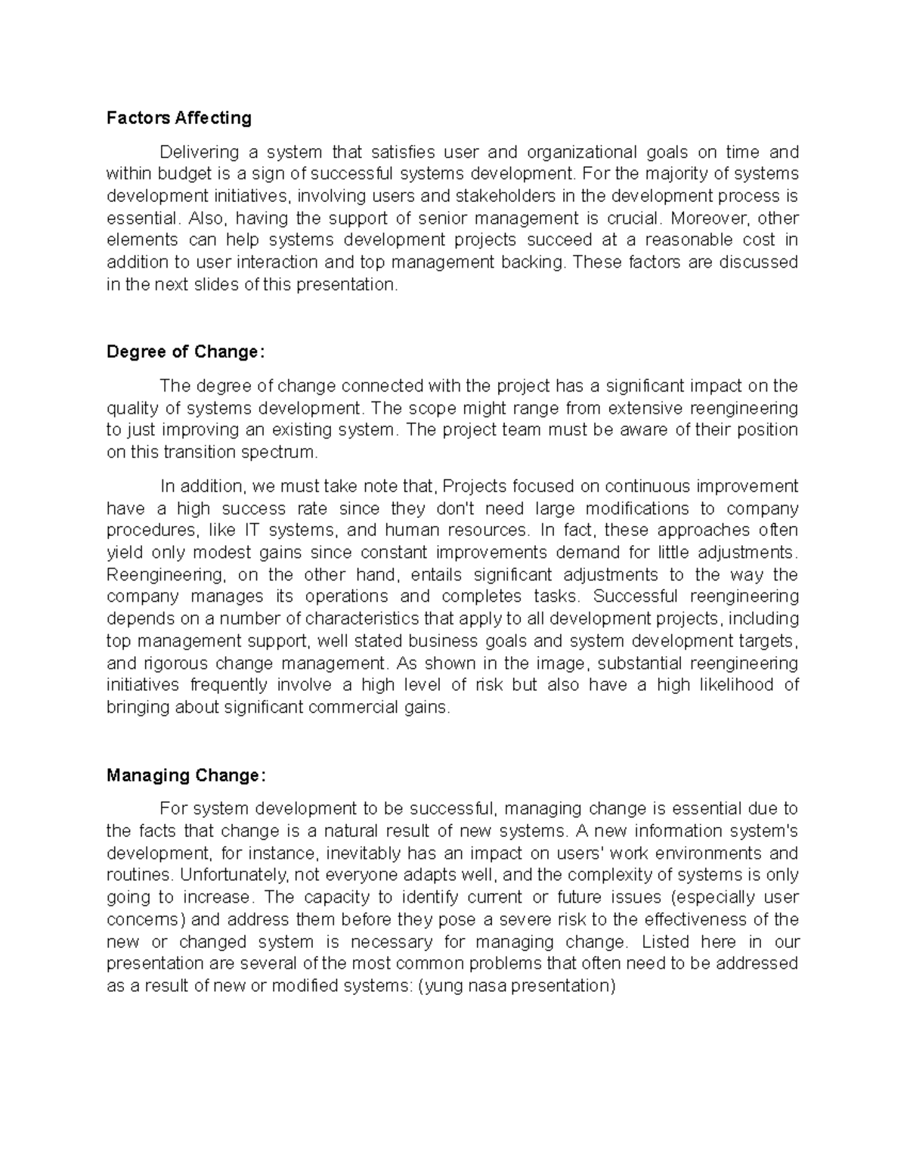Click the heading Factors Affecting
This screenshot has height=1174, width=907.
click(178, 118)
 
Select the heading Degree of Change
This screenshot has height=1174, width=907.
click(186, 352)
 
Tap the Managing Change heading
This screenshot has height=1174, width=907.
click(186, 776)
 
